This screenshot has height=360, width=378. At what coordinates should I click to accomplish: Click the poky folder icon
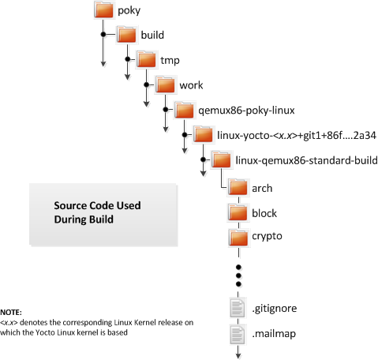[104, 10]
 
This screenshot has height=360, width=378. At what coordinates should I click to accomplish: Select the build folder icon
[127, 35]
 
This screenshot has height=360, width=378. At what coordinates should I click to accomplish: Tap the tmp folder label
[170, 60]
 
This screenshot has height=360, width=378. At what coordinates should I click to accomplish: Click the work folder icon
[165, 84]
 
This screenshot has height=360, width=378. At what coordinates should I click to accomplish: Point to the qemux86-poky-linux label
[246, 110]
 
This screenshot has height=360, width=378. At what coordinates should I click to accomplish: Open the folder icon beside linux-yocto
[203, 135]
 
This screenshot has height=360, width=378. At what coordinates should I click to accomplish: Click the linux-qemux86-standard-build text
[306, 160]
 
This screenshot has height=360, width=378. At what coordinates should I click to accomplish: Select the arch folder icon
[238, 188]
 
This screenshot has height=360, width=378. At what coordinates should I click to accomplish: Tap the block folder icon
[238, 212]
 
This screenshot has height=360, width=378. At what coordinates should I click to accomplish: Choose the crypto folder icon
[238, 238]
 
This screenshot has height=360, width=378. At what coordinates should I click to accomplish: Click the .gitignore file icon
[238, 308]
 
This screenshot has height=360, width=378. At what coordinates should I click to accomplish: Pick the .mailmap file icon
[238, 334]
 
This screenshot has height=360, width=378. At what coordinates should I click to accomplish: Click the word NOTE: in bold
[11, 313]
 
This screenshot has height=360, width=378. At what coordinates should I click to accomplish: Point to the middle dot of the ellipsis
[238, 276]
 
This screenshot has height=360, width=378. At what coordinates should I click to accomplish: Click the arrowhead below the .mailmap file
[238, 355]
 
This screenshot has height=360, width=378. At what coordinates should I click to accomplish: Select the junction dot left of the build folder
[103, 34]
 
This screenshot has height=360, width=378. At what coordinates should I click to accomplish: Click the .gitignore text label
[275, 309]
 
